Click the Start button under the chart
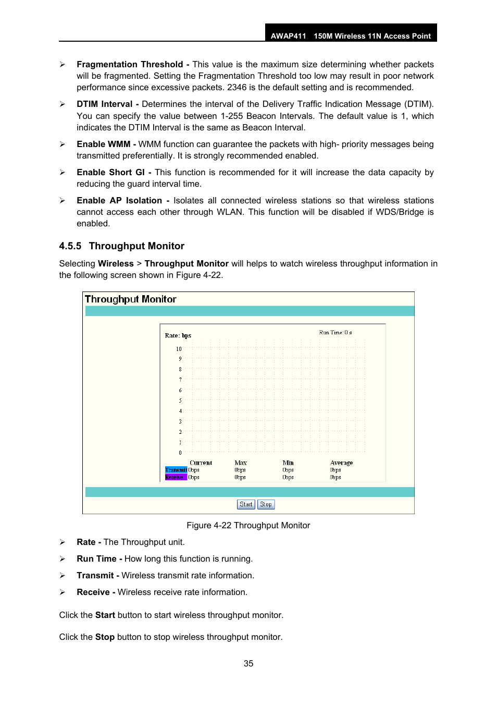coord(246,504)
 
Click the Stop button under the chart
coord(266,504)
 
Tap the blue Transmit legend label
coord(176,470)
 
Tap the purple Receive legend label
coord(175,477)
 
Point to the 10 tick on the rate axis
coord(179,349)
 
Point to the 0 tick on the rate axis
coord(180,453)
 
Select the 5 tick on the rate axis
coord(180,400)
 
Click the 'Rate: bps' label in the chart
coord(178,335)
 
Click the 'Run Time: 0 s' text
coord(336,332)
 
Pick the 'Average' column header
coord(341,463)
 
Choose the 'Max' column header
coord(241,463)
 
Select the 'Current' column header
coord(201,463)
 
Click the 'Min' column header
coord(288,463)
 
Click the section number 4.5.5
coord(70,246)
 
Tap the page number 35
coord(249,663)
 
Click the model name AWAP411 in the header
coord(288,36)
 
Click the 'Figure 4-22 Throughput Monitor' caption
coord(248,525)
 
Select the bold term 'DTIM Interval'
coord(105,104)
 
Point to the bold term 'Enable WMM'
coord(103,144)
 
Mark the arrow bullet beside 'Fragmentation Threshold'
coord(63,65)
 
